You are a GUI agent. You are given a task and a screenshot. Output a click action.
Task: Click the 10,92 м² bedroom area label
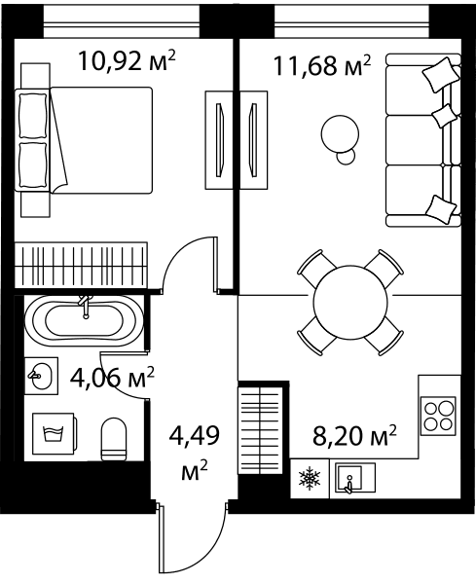tap(127, 61)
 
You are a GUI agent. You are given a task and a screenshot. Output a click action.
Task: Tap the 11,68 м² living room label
tap(322, 65)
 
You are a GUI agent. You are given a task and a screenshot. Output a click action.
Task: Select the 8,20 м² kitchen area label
tap(354, 436)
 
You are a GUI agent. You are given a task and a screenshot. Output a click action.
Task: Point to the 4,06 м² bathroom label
tap(112, 378)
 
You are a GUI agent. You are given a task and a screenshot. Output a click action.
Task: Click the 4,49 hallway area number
tap(194, 435)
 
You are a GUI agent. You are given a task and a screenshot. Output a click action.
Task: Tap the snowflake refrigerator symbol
tap(310, 478)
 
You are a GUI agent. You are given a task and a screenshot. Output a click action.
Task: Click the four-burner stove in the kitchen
tap(438, 416)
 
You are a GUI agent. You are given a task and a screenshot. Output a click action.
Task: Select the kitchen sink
tap(355, 478)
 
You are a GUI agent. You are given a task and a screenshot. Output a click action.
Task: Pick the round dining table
tap(350, 302)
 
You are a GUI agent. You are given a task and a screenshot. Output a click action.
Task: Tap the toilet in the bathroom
tap(114, 439)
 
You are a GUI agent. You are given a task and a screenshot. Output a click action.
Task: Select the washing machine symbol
tap(55, 433)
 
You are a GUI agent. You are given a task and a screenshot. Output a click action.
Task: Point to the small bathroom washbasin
tap(41, 376)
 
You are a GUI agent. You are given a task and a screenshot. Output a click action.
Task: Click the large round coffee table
tap(340, 133)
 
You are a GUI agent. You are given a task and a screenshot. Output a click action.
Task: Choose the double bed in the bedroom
tap(84, 140)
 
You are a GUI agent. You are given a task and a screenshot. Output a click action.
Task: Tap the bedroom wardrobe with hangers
tap(81, 265)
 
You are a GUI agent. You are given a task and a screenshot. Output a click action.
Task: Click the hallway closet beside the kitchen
tap(260, 430)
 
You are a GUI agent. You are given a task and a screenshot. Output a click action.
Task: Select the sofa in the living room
tap(423, 140)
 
